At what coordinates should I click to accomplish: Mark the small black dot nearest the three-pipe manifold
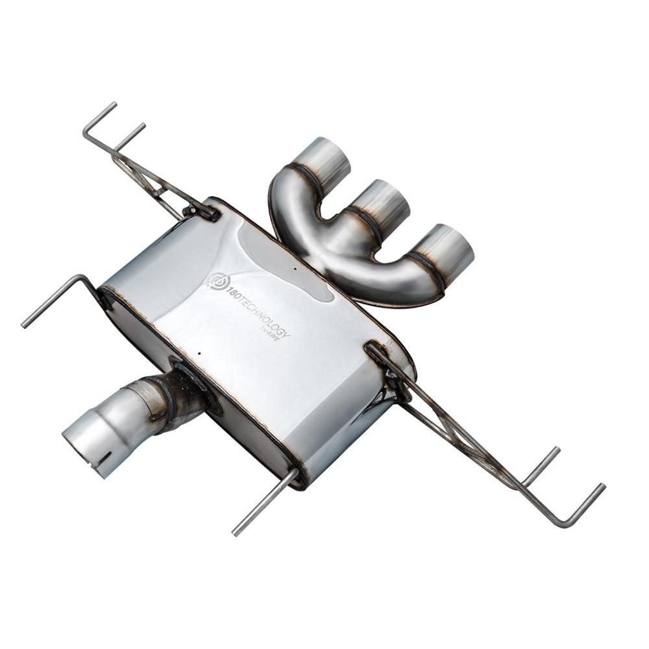coord(295,269)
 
